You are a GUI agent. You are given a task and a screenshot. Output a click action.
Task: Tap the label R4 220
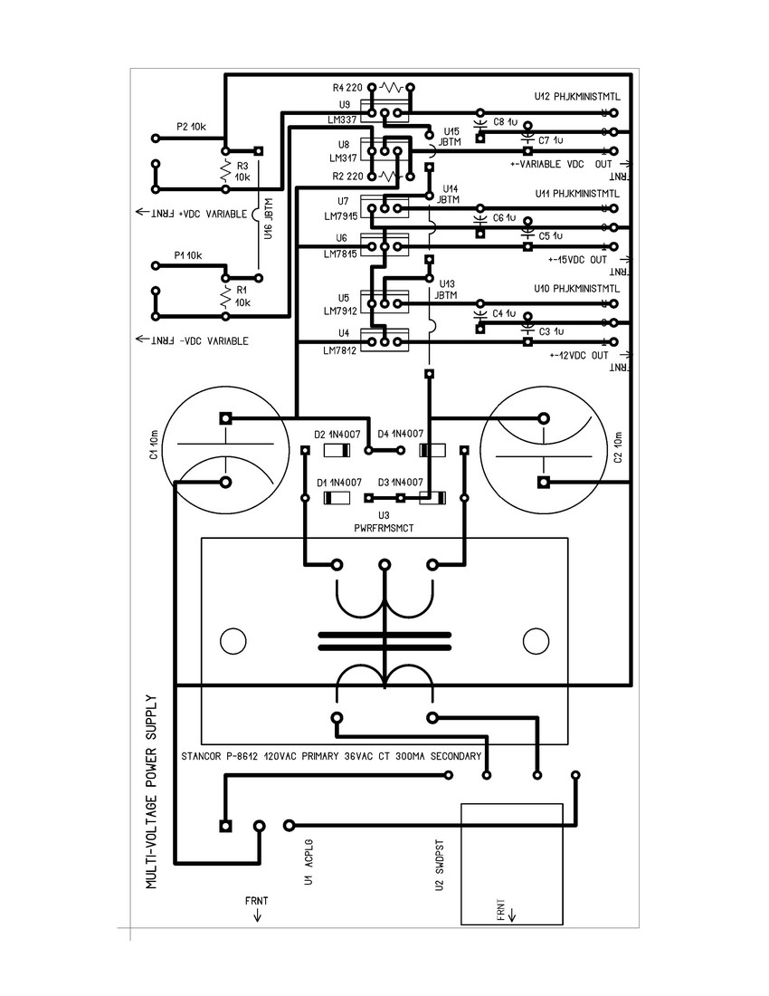347,88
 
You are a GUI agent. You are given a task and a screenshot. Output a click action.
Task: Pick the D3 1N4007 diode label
401,482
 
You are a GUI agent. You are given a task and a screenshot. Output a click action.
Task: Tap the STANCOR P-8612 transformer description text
330,755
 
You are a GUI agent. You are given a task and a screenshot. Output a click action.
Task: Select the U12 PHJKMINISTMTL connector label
576,95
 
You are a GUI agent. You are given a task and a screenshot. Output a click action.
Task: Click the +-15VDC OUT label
576,260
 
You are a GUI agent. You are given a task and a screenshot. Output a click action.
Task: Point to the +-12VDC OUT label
576,356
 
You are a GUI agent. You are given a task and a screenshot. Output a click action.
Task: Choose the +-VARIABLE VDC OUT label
561,164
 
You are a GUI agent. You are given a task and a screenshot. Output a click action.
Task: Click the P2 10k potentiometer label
191,128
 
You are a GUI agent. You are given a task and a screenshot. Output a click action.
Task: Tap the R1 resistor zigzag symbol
224,297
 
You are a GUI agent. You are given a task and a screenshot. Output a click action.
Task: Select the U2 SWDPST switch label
439,867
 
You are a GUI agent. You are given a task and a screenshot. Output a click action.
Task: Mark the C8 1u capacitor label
505,121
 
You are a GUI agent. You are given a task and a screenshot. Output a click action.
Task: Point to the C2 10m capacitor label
618,447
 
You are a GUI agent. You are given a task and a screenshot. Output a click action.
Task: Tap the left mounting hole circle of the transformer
233,641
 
